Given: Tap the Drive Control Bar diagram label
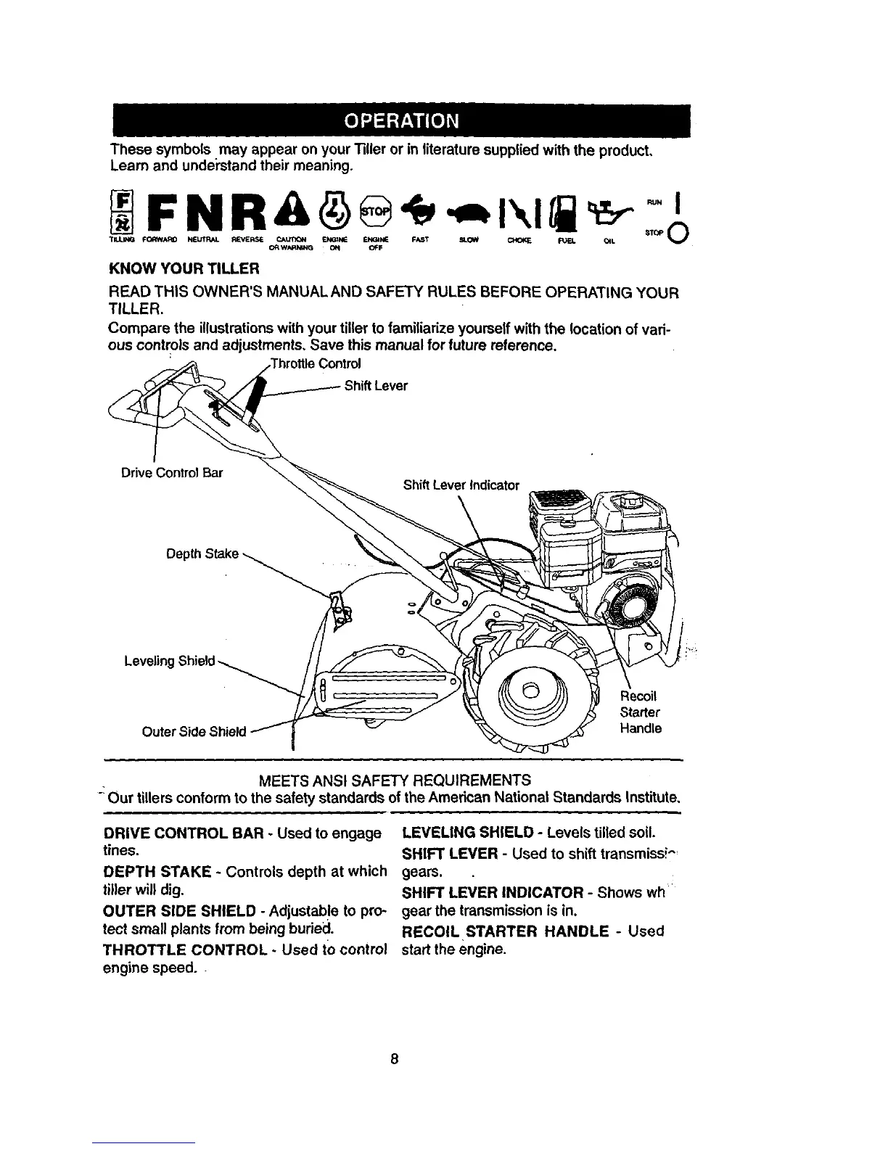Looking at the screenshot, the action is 171,474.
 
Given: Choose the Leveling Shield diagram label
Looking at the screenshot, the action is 170,661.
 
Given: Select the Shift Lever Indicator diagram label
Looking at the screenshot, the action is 461,485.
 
